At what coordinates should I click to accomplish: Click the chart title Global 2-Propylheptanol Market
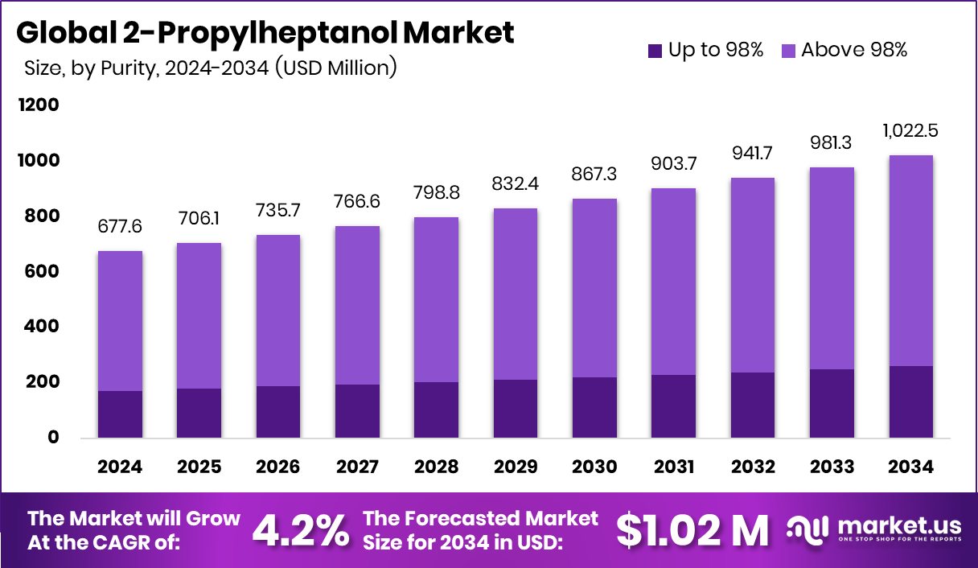(x=265, y=33)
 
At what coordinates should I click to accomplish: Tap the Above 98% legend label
(x=854, y=50)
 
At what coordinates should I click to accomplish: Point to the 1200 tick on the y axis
(x=39, y=105)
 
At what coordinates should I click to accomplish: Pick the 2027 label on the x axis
(x=357, y=467)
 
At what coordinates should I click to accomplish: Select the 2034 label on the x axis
(x=911, y=467)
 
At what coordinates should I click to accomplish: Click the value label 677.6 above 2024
(x=120, y=228)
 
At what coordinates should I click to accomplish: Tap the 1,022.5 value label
(x=911, y=131)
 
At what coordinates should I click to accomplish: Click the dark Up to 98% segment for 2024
(x=120, y=414)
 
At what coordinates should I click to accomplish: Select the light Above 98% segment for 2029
(x=516, y=294)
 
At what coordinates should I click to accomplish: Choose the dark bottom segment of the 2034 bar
(x=911, y=401)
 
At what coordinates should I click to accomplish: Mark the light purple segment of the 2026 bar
(x=278, y=311)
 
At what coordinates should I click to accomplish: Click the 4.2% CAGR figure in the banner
(x=302, y=529)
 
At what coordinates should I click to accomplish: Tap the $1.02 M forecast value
(x=692, y=529)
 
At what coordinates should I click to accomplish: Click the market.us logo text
(x=898, y=525)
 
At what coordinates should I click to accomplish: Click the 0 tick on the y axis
(x=54, y=438)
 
